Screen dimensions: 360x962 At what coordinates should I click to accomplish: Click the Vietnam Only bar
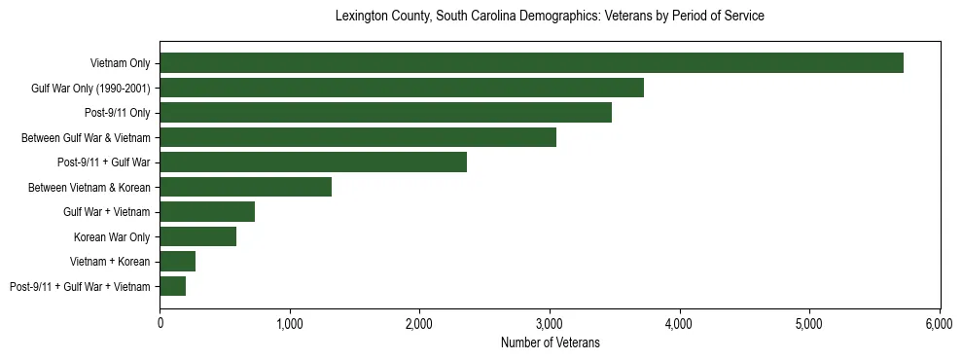[531, 63]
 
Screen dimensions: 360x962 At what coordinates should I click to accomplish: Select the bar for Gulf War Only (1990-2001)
[402, 89]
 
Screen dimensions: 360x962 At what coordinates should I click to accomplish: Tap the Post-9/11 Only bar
[385, 113]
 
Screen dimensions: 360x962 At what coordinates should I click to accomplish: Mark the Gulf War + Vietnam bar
[207, 211]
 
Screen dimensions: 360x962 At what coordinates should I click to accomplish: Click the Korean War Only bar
[197, 236]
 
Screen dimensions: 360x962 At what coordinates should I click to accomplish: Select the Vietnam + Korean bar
[177, 261]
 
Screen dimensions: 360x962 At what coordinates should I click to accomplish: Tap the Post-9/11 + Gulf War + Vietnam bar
[172, 286]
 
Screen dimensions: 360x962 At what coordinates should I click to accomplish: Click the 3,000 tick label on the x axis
[550, 322]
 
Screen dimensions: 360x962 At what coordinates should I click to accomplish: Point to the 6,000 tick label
[940, 322]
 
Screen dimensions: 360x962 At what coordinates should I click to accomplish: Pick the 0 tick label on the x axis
[160, 322]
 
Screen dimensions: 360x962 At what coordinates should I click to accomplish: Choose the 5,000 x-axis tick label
[809, 322]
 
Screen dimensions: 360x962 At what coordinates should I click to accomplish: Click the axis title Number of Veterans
[550, 342]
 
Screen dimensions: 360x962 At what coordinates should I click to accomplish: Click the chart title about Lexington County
[550, 17]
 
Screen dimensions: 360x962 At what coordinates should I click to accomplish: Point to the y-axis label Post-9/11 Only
[111, 113]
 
